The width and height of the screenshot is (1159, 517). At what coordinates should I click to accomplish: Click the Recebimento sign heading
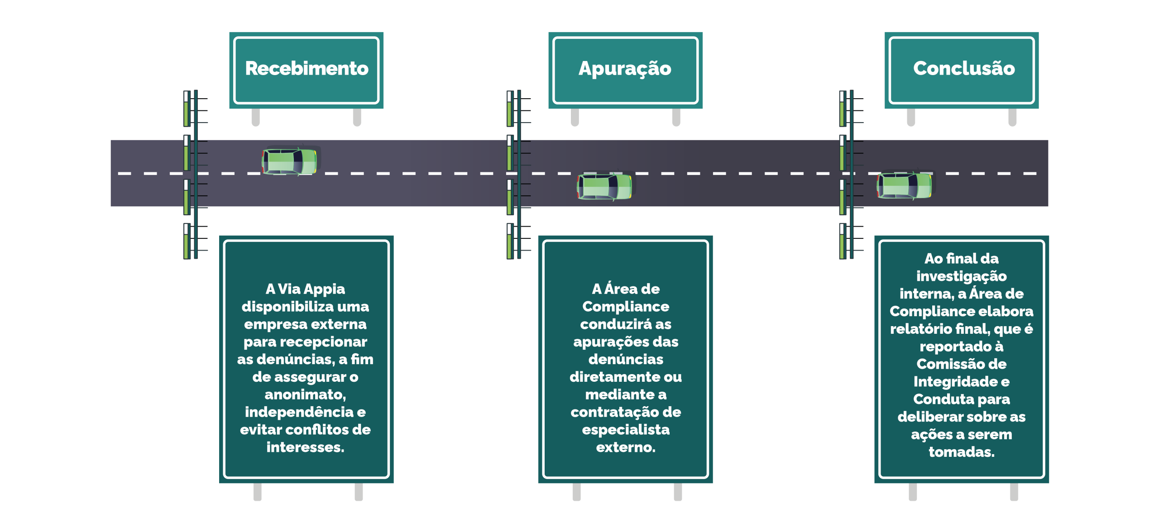tap(307, 69)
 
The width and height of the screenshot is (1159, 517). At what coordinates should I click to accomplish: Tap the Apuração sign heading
tap(625, 69)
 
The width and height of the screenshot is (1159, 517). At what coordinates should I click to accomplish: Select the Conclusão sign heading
tap(964, 69)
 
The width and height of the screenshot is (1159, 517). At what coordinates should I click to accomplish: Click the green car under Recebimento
tap(290, 161)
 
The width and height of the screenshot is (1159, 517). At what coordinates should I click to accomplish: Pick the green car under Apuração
tap(604, 186)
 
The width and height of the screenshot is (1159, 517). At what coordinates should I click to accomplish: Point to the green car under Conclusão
tap(904, 185)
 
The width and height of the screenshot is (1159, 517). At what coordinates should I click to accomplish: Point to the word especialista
tap(626, 430)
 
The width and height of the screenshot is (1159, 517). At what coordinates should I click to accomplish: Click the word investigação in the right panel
tap(961, 276)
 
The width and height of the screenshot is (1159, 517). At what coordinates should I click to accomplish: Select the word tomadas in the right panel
tap(961, 452)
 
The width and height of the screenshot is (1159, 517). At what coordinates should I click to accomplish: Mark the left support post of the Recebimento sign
tap(256, 117)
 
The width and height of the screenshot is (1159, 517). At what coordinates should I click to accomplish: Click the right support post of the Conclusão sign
tap(1012, 117)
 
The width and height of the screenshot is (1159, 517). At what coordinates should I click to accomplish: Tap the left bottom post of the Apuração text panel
tap(576, 492)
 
